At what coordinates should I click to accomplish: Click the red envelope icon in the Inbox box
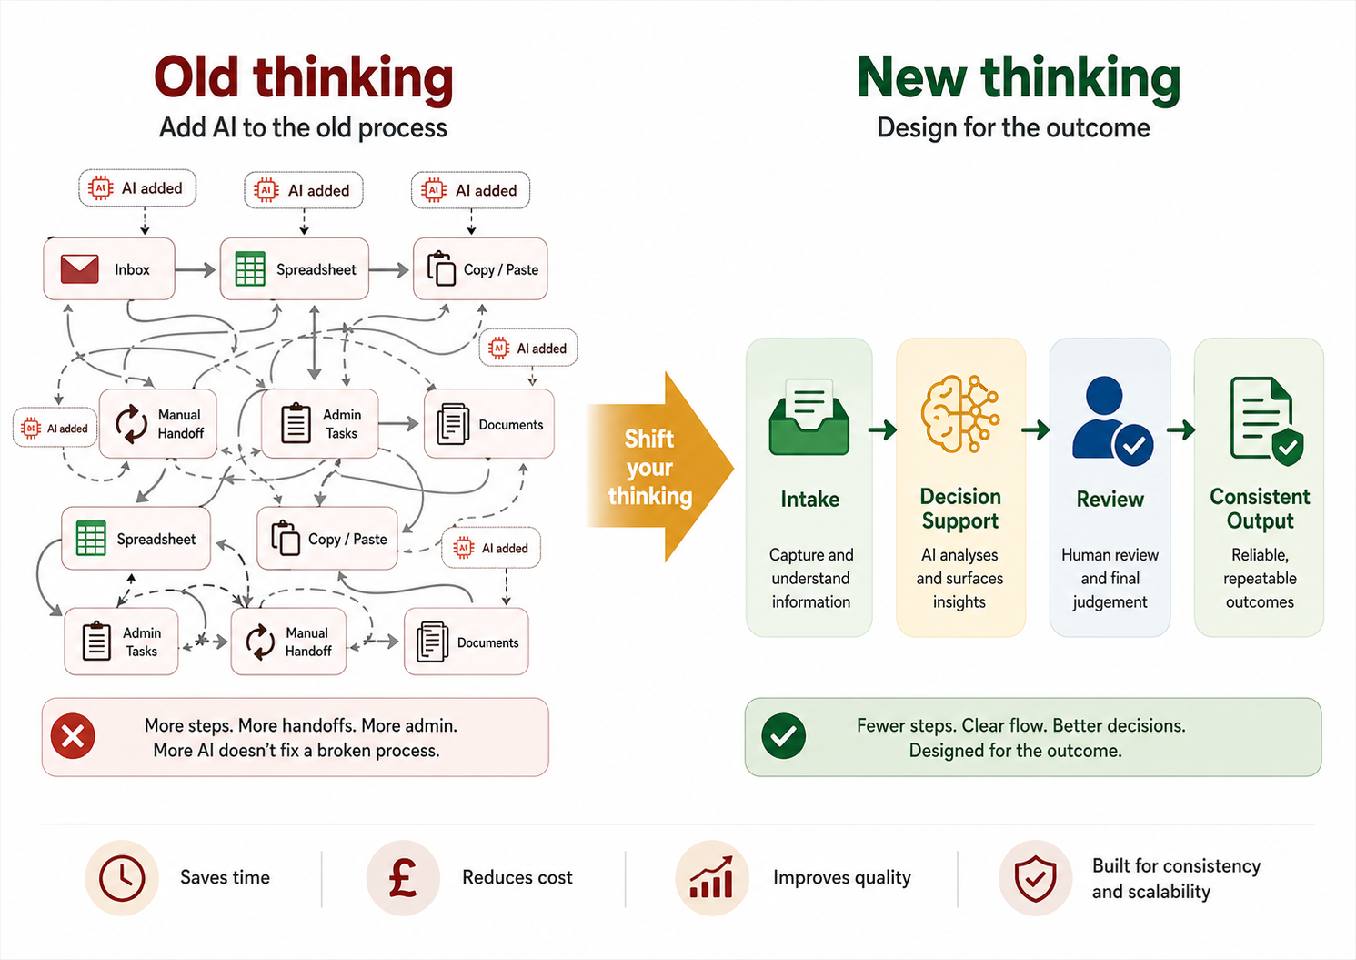tap(80, 269)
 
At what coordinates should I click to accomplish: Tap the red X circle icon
tap(74, 736)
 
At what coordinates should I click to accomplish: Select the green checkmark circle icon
tap(783, 736)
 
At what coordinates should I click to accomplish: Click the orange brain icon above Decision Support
tap(959, 414)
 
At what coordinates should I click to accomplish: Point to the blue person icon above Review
tap(1111, 421)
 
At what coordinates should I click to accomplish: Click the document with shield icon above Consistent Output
tap(1265, 420)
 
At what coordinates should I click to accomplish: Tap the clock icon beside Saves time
tap(122, 878)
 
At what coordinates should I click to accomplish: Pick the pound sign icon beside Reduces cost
tap(402, 878)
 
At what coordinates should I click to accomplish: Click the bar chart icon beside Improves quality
tap(711, 878)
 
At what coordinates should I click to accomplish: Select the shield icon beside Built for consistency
tap(1035, 878)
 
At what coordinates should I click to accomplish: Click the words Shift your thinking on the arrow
tap(649, 467)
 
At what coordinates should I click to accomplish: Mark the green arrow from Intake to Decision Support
tap(883, 429)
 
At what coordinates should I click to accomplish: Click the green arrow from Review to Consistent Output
tap(1181, 429)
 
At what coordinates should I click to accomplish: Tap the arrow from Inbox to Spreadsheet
tap(196, 270)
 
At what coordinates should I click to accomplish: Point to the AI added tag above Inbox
tap(137, 188)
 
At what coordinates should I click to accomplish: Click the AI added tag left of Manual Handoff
tap(55, 429)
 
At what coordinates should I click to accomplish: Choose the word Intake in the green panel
tap(809, 499)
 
